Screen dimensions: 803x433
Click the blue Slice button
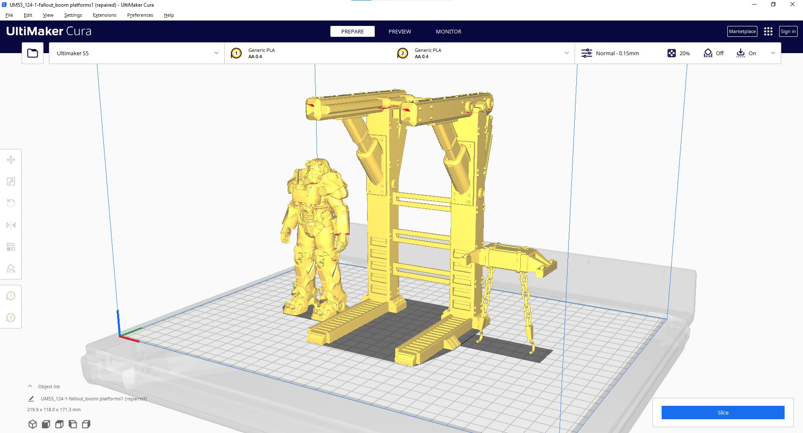(x=723, y=413)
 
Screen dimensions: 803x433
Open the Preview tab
(x=400, y=31)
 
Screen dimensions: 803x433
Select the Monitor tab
(x=448, y=31)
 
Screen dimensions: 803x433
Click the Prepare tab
(x=353, y=31)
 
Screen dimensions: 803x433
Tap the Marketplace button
(x=742, y=31)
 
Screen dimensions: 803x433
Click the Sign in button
(x=788, y=31)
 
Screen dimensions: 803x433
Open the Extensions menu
(x=105, y=15)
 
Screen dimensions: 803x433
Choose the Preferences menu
(x=140, y=15)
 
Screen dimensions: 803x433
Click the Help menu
(x=169, y=15)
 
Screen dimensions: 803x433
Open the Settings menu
(x=73, y=15)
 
